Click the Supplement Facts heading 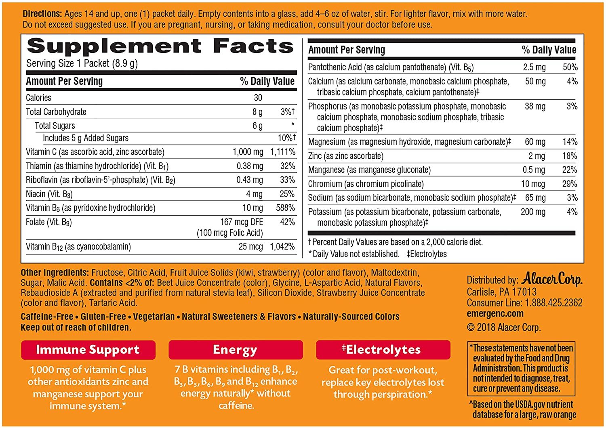[x=160, y=46]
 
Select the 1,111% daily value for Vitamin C [x=283, y=152]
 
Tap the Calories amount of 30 [x=258, y=98]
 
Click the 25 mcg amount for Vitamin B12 [x=250, y=247]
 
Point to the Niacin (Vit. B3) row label [x=49, y=194]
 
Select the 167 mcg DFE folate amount [x=242, y=222]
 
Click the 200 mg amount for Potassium [x=533, y=212]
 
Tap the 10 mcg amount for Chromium [x=533, y=184]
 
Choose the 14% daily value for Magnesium [x=570, y=142]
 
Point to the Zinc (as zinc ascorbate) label [x=345, y=156]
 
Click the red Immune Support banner [x=88, y=350]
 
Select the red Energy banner [x=235, y=350]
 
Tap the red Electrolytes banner [x=383, y=350]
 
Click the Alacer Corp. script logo [x=551, y=279]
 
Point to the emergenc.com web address [x=495, y=314]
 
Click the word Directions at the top [x=42, y=14]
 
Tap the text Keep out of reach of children [x=76, y=327]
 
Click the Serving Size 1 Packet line [x=82, y=64]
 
